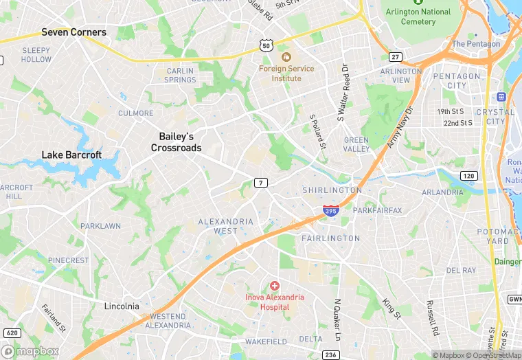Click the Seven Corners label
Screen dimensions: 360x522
pyautogui.click(x=73, y=32)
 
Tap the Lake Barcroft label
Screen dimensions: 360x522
pyautogui.click(x=71, y=155)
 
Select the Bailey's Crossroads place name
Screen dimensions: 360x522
pyautogui.click(x=176, y=142)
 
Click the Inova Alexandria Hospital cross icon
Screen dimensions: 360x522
pyautogui.click(x=275, y=285)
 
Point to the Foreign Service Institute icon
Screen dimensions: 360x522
pyautogui.click(x=286, y=56)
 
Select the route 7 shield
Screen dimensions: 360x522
pyautogui.click(x=260, y=182)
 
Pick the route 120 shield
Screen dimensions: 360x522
pyautogui.click(x=468, y=176)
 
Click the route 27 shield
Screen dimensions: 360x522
pyautogui.click(x=395, y=56)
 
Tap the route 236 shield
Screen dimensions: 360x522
pyautogui.click(x=330, y=354)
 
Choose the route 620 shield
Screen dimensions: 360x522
pyautogui.click(x=12, y=333)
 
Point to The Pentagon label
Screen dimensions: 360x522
pyautogui.click(x=476, y=44)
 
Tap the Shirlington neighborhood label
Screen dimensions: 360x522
pyautogui.click(x=332, y=190)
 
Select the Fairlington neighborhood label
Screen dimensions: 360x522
pyautogui.click(x=330, y=238)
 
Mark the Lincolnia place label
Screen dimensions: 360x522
pyautogui.click(x=122, y=306)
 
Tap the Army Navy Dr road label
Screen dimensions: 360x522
pyautogui.click(x=401, y=128)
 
